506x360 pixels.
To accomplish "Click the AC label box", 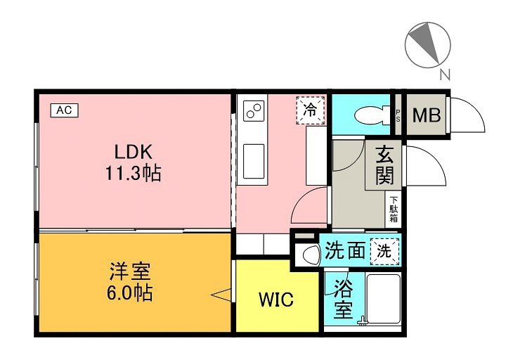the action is (x=65, y=110).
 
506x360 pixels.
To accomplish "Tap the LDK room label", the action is (x=134, y=152).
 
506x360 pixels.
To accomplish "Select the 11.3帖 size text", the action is (x=134, y=174).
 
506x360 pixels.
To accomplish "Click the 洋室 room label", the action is (x=130, y=271).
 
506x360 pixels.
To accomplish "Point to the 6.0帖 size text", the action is (x=129, y=292).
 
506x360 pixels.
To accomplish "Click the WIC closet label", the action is (x=276, y=300).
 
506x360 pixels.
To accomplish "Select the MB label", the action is (x=427, y=115).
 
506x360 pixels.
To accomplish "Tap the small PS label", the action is (x=398, y=115).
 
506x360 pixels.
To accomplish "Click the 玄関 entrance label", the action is (x=384, y=165).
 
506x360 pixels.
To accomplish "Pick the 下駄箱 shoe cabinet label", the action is (x=394, y=210).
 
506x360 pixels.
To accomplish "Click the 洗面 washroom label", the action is (x=345, y=250).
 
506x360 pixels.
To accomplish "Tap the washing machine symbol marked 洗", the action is (x=384, y=252).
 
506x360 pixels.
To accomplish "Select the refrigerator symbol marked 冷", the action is (x=311, y=110).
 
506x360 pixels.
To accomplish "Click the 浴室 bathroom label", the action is (x=344, y=298).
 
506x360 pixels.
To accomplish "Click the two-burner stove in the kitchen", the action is (x=254, y=111).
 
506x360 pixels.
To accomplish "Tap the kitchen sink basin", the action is (x=254, y=161).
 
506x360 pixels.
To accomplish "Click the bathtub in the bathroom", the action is (x=384, y=299).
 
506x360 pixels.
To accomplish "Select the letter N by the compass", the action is (x=445, y=75).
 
